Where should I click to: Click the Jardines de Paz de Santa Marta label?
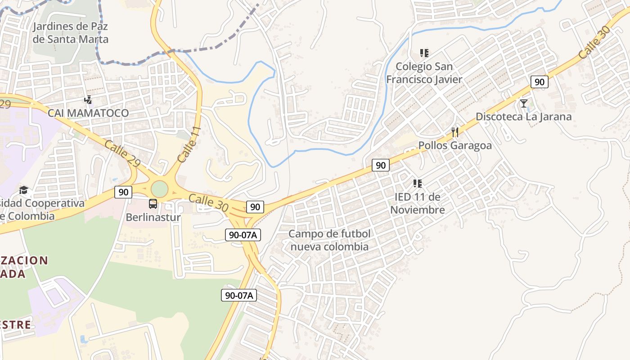tap(71, 33)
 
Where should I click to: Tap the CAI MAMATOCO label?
tap(88, 113)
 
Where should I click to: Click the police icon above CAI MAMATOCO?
tap(88, 100)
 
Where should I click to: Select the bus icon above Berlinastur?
tap(153, 204)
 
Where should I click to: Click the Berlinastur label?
tap(153, 217)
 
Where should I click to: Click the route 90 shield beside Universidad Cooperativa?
tap(123, 192)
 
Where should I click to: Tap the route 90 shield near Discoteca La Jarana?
tap(539, 82)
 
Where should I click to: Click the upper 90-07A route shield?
tap(243, 234)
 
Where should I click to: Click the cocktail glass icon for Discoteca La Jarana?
tap(524, 103)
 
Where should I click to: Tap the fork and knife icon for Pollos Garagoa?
tap(455, 132)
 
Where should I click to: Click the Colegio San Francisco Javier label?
tap(424, 73)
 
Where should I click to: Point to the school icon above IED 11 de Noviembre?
tap(418, 184)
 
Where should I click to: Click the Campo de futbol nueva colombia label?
tap(329, 240)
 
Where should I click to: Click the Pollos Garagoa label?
tap(455, 146)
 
